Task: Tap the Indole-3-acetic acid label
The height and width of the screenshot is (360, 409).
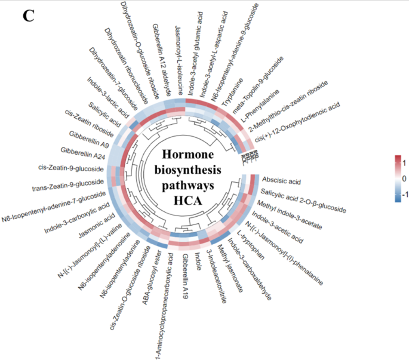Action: pos(277,224)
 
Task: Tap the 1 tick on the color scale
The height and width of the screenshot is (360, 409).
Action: pos(405,162)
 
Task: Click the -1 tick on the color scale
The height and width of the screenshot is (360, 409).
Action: pos(404,195)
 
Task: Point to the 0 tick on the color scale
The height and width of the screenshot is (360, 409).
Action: pos(405,179)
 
